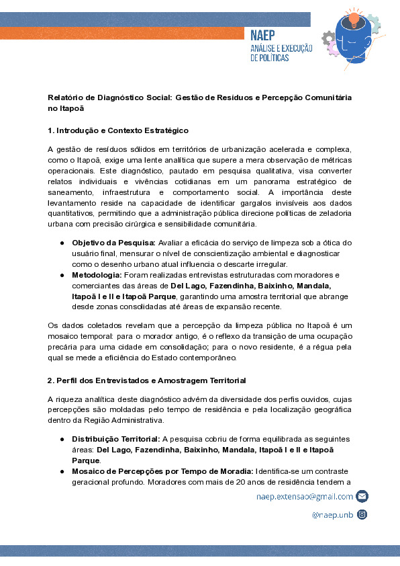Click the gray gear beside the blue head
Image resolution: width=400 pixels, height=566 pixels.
coord(329,42)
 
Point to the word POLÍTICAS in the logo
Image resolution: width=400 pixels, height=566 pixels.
coord(270,58)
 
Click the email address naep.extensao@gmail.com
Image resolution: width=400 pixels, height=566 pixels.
coord(305,496)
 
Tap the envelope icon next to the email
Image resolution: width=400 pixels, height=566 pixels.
coord(362,496)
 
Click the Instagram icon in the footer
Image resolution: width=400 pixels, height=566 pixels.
coord(362,514)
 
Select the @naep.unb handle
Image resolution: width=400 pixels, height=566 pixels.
coord(332,514)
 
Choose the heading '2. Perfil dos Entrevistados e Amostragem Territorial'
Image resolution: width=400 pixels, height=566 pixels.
coord(146,380)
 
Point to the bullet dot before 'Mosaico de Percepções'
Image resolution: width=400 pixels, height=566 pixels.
coord(62,472)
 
